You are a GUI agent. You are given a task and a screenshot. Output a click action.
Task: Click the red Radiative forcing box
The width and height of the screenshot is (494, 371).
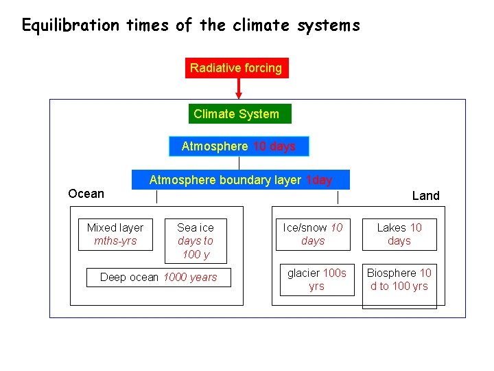coord(236,68)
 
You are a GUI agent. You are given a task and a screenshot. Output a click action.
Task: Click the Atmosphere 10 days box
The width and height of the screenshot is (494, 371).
coord(239,146)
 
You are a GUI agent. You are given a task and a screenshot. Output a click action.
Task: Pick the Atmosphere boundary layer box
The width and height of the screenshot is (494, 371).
coord(240,180)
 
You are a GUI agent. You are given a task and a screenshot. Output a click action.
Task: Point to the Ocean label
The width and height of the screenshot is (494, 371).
coord(86,194)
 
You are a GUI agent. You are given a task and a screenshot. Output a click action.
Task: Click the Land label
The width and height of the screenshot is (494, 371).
coord(425,196)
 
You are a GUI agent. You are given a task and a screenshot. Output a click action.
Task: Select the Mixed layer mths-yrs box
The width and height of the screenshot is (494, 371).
coord(115,234)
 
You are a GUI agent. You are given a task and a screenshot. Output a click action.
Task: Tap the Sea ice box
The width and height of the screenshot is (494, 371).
coord(196,241)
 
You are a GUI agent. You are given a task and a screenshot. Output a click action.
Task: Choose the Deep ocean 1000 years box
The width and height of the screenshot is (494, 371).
coord(158,278)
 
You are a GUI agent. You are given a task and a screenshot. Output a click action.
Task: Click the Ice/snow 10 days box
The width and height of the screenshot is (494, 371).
coord(313,234)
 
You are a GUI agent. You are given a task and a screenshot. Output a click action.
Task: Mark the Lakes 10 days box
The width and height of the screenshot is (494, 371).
coord(399,234)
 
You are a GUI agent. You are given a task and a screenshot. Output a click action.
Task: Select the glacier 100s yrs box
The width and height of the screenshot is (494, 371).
coord(316,280)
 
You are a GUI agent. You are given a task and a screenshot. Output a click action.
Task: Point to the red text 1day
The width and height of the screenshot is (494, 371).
coord(319,180)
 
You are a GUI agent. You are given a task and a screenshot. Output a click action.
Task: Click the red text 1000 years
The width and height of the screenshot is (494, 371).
coord(190,278)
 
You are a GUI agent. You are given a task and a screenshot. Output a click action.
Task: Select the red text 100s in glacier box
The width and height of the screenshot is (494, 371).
coord(335,273)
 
